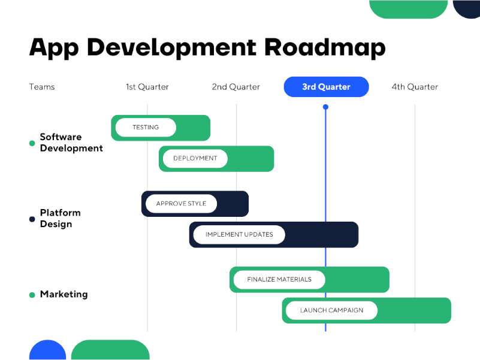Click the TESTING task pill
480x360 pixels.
pyautogui.click(x=146, y=128)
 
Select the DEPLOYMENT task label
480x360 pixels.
pyautogui.click(x=195, y=158)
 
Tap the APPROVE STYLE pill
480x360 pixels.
pyautogui.click(x=181, y=204)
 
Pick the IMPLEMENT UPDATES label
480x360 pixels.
pyautogui.click(x=239, y=234)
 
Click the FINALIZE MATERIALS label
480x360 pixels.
pyautogui.click(x=279, y=279)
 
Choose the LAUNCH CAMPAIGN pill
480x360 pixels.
pyautogui.click(x=331, y=310)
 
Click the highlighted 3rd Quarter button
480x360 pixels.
pyautogui.click(x=326, y=87)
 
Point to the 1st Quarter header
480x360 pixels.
pyautogui.click(x=147, y=87)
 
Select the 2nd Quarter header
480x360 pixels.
pyautogui.click(x=236, y=87)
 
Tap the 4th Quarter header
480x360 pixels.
pyautogui.click(x=415, y=87)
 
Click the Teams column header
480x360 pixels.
pyautogui.click(x=42, y=87)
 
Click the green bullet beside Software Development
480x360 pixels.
pyautogui.click(x=32, y=143)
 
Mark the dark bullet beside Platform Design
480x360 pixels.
pyautogui.click(x=32, y=219)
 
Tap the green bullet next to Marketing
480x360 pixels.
pyautogui.click(x=32, y=295)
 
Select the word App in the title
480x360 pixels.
pyautogui.click(x=54, y=48)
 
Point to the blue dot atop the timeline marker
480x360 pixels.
pyautogui.click(x=325, y=107)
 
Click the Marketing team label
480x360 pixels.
pyautogui.click(x=64, y=294)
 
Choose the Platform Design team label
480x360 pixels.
pyautogui.click(x=60, y=218)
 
